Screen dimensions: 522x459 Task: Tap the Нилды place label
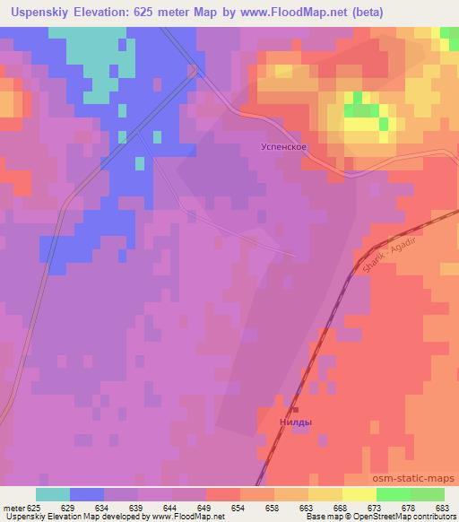(297, 420)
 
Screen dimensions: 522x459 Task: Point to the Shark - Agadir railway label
(380, 255)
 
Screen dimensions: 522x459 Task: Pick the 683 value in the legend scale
(444, 507)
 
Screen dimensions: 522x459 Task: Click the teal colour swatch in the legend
(53, 494)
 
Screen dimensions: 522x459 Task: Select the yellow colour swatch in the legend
(359, 494)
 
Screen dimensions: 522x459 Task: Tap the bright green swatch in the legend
(393, 494)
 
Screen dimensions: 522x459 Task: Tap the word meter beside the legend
(14, 507)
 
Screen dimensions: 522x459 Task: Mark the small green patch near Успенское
(360, 110)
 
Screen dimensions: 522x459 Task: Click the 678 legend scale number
(410, 507)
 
